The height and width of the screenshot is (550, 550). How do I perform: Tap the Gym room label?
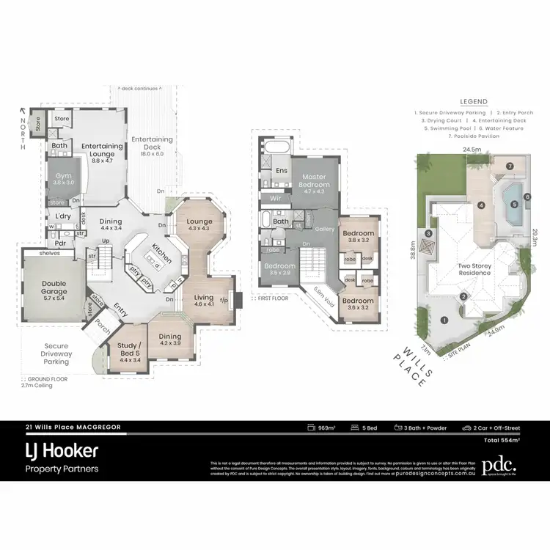click(x=61, y=178)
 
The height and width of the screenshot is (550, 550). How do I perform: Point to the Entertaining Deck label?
click(x=152, y=143)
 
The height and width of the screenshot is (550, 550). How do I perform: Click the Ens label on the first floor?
click(x=282, y=171)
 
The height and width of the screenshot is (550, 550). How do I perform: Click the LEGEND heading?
click(x=474, y=102)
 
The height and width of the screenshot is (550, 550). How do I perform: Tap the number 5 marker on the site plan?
click(x=515, y=204)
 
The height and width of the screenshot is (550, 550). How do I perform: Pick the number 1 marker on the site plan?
click(x=444, y=319)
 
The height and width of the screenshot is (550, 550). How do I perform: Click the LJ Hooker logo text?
click(x=62, y=449)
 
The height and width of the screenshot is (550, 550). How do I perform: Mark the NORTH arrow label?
click(x=23, y=132)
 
